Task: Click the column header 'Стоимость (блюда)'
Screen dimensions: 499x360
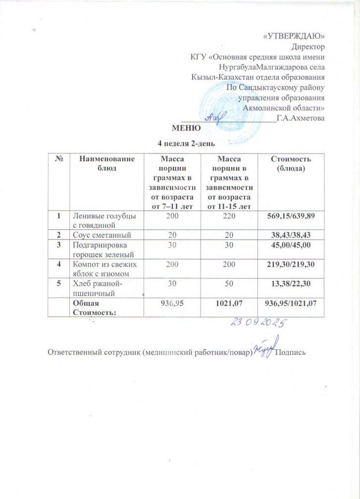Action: tap(290, 163)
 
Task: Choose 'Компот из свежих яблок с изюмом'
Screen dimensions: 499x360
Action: tap(105, 269)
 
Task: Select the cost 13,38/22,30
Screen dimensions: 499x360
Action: tap(290, 284)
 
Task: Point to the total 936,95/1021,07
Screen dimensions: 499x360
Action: tap(290, 303)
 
